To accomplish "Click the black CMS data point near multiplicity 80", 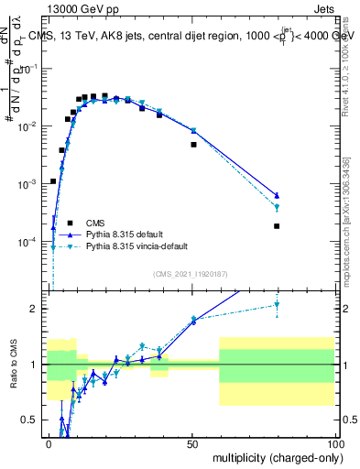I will coord(277,226).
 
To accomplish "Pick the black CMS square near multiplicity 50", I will coord(193,144).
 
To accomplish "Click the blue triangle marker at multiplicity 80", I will coord(277,195).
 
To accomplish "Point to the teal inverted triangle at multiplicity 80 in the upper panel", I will coord(277,208).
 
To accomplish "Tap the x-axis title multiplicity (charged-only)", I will coord(274,457).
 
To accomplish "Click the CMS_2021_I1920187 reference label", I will coord(190,273).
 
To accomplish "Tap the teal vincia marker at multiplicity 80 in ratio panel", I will coord(277,306).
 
